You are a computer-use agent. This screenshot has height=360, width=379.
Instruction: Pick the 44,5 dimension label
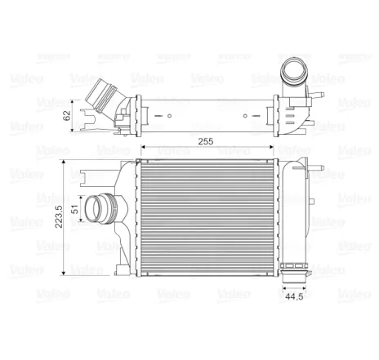[295, 298]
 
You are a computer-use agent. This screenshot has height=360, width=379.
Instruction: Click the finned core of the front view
[208, 215]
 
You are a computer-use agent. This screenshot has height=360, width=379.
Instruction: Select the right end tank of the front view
[292, 214]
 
